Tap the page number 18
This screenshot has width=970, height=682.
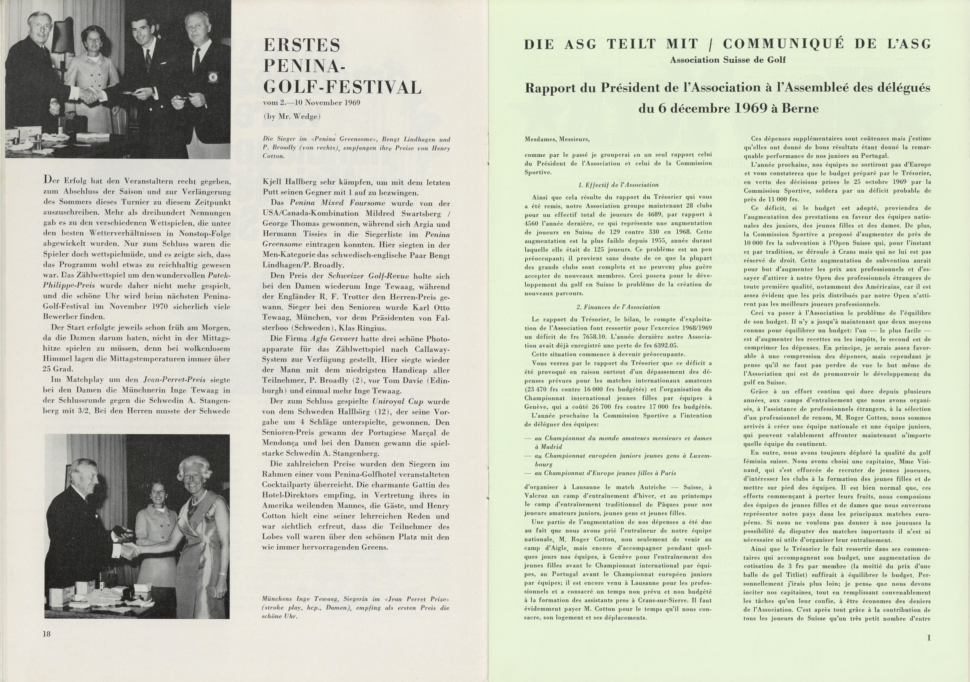(46, 633)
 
